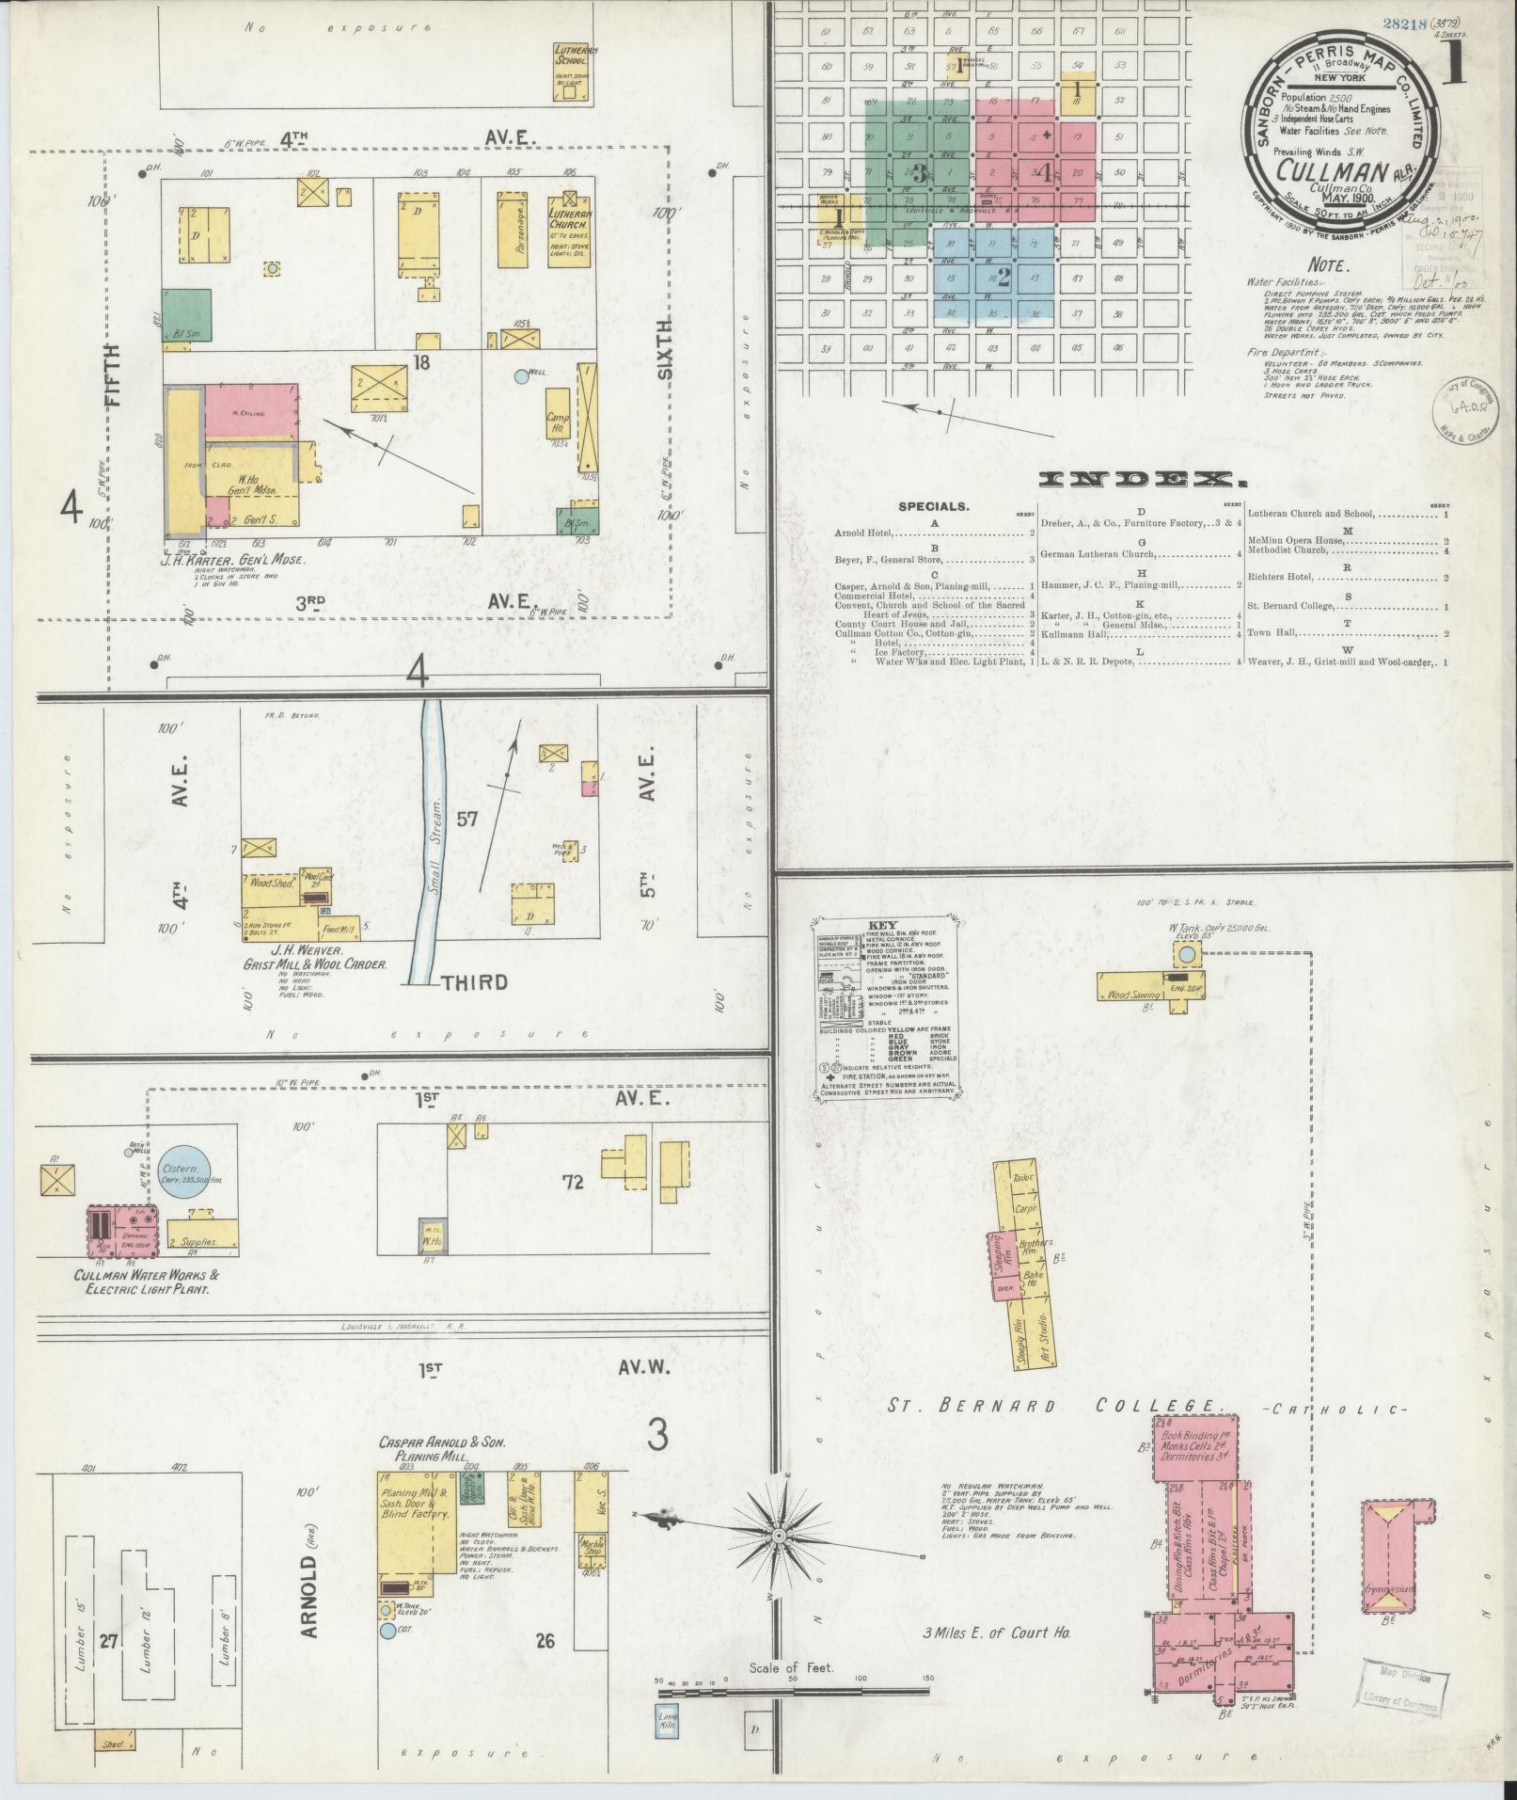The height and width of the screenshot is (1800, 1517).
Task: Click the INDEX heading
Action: point(1143,481)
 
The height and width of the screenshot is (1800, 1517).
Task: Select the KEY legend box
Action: point(885,1006)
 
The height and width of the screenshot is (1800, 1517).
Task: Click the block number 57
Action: point(467,819)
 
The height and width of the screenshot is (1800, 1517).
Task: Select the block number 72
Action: point(572,1182)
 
